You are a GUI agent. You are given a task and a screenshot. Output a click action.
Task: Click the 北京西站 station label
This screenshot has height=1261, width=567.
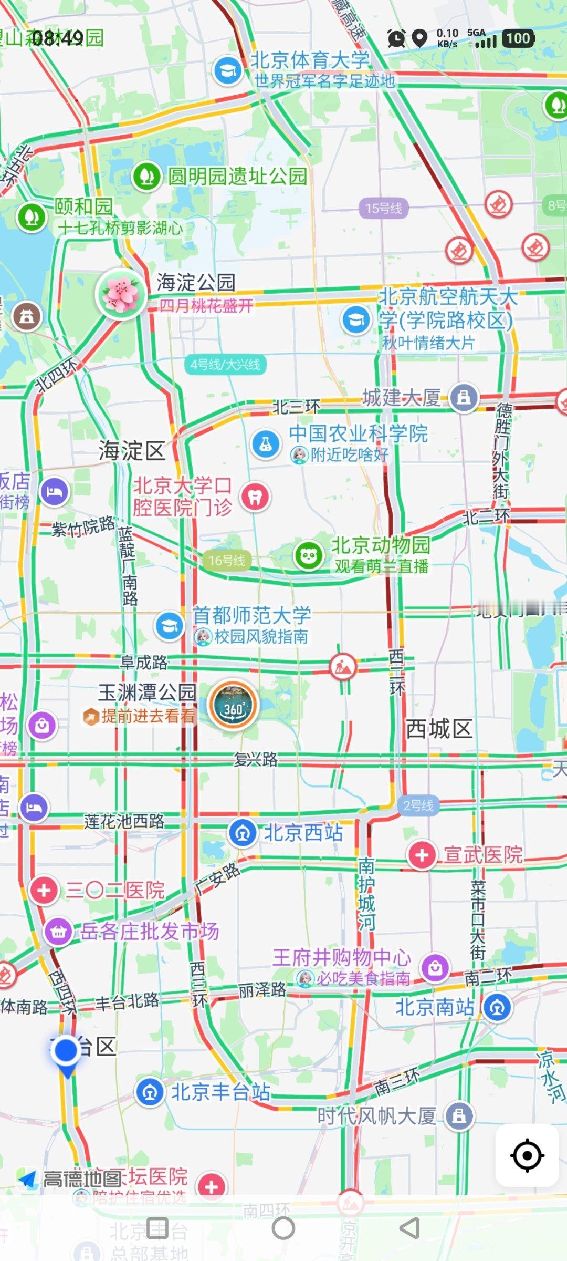[x=303, y=832]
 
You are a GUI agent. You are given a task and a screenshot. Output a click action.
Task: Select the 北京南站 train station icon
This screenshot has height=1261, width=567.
[x=497, y=1007]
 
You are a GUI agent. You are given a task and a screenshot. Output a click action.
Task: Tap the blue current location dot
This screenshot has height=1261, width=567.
[x=66, y=1050]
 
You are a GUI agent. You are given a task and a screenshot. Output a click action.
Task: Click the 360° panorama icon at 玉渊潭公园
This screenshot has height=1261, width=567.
[x=234, y=706]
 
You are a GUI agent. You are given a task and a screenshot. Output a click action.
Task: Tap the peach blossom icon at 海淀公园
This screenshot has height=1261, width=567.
[x=121, y=294]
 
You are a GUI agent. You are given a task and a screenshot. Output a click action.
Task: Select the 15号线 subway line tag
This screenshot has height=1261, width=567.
[x=383, y=208]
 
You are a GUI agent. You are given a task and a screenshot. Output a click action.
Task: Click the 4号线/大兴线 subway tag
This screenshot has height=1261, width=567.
[x=225, y=364]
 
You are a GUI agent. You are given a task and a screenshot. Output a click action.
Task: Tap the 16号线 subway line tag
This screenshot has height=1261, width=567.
[x=227, y=560]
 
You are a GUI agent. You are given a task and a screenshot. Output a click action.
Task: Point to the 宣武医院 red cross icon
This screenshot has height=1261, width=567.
[x=422, y=855]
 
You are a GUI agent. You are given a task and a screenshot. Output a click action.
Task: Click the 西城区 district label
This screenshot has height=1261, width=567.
[x=439, y=729]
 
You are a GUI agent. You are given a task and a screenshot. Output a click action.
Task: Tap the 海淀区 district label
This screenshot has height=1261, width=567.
[x=132, y=451]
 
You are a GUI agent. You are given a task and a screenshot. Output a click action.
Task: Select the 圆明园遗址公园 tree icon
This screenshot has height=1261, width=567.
[x=146, y=177]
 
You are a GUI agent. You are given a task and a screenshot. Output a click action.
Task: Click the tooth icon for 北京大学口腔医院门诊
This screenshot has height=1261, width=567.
[x=255, y=497]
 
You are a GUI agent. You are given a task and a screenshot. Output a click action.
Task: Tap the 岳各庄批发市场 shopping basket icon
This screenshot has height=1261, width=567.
[x=58, y=932]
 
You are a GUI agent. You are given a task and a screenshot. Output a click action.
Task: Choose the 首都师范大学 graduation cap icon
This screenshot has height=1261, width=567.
[x=169, y=626]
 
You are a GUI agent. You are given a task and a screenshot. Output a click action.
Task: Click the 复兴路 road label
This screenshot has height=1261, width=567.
[x=256, y=759]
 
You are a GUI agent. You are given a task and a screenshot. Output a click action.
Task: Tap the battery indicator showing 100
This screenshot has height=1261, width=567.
[x=518, y=38]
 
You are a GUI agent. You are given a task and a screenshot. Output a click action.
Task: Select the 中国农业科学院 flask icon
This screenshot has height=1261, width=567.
[x=266, y=445]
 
